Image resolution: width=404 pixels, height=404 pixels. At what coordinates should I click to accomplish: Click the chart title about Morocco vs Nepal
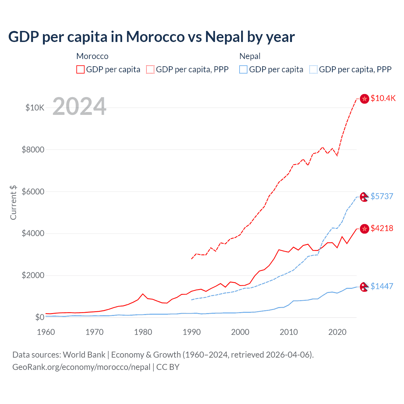tap(151, 37)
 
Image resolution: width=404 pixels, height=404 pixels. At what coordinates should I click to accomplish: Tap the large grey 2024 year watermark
tap(79, 107)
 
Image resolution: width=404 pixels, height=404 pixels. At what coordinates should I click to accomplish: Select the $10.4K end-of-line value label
tap(383, 98)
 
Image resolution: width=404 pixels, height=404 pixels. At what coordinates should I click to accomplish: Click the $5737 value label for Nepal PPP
tap(382, 196)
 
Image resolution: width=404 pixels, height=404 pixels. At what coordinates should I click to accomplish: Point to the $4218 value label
tap(382, 228)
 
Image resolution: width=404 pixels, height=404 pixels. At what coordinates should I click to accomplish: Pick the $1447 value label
tap(382, 286)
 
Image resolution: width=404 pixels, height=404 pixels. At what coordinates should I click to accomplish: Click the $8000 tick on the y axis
tap(33, 150)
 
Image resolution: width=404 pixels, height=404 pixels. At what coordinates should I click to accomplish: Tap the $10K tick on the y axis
tap(35, 108)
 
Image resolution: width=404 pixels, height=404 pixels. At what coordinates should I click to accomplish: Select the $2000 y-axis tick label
tap(33, 276)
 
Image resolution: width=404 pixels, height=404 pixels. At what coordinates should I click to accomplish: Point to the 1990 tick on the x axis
tap(192, 332)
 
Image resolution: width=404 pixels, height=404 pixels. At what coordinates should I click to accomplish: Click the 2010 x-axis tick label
tap(289, 332)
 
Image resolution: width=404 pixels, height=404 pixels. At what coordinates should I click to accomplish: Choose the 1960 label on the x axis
tap(46, 332)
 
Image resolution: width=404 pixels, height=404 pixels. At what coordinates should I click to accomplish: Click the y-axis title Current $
tap(13, 203)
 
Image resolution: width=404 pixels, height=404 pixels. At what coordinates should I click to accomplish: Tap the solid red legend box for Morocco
tap(80, 69)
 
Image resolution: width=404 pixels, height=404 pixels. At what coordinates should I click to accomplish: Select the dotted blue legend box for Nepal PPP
tap(313, 69)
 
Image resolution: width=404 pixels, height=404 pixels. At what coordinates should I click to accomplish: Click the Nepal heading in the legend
tap(250, 56)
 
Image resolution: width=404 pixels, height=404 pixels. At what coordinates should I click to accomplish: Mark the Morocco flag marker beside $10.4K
tap(365, 99)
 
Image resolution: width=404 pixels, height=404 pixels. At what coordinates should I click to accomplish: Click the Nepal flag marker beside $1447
tap(365, 287)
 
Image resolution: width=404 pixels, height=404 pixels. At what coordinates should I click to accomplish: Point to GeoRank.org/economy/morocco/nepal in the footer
tap(81, 367)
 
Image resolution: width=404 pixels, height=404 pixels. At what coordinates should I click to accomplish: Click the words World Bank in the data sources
tap(84, 355)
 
